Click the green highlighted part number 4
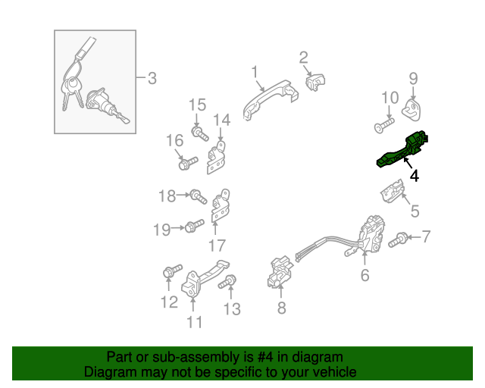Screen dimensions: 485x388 click(402, 151)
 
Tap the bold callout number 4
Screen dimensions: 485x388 click(415, 176)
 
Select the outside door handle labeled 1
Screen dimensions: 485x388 click(270, 99)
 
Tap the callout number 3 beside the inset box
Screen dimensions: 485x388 click(152, 78)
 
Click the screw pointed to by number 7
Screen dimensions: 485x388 click(397, 240)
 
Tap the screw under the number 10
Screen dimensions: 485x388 click(384, 125)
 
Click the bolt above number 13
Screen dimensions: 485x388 click(227, 282)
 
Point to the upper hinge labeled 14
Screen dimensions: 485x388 click(216, 157)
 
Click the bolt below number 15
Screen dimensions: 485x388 click(200, 133)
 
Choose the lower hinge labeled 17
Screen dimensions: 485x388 click(221, 205)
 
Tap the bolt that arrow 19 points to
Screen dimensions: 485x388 click(194, 227)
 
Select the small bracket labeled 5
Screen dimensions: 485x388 click(393, 191)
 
